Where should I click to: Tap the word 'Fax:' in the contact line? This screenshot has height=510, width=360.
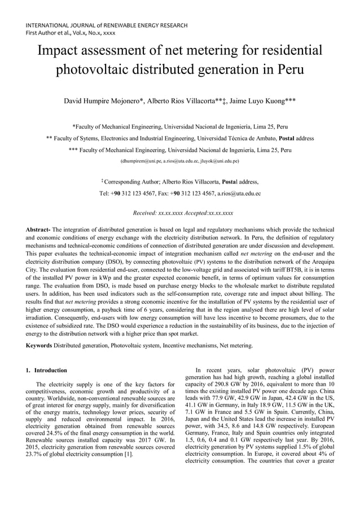153,193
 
